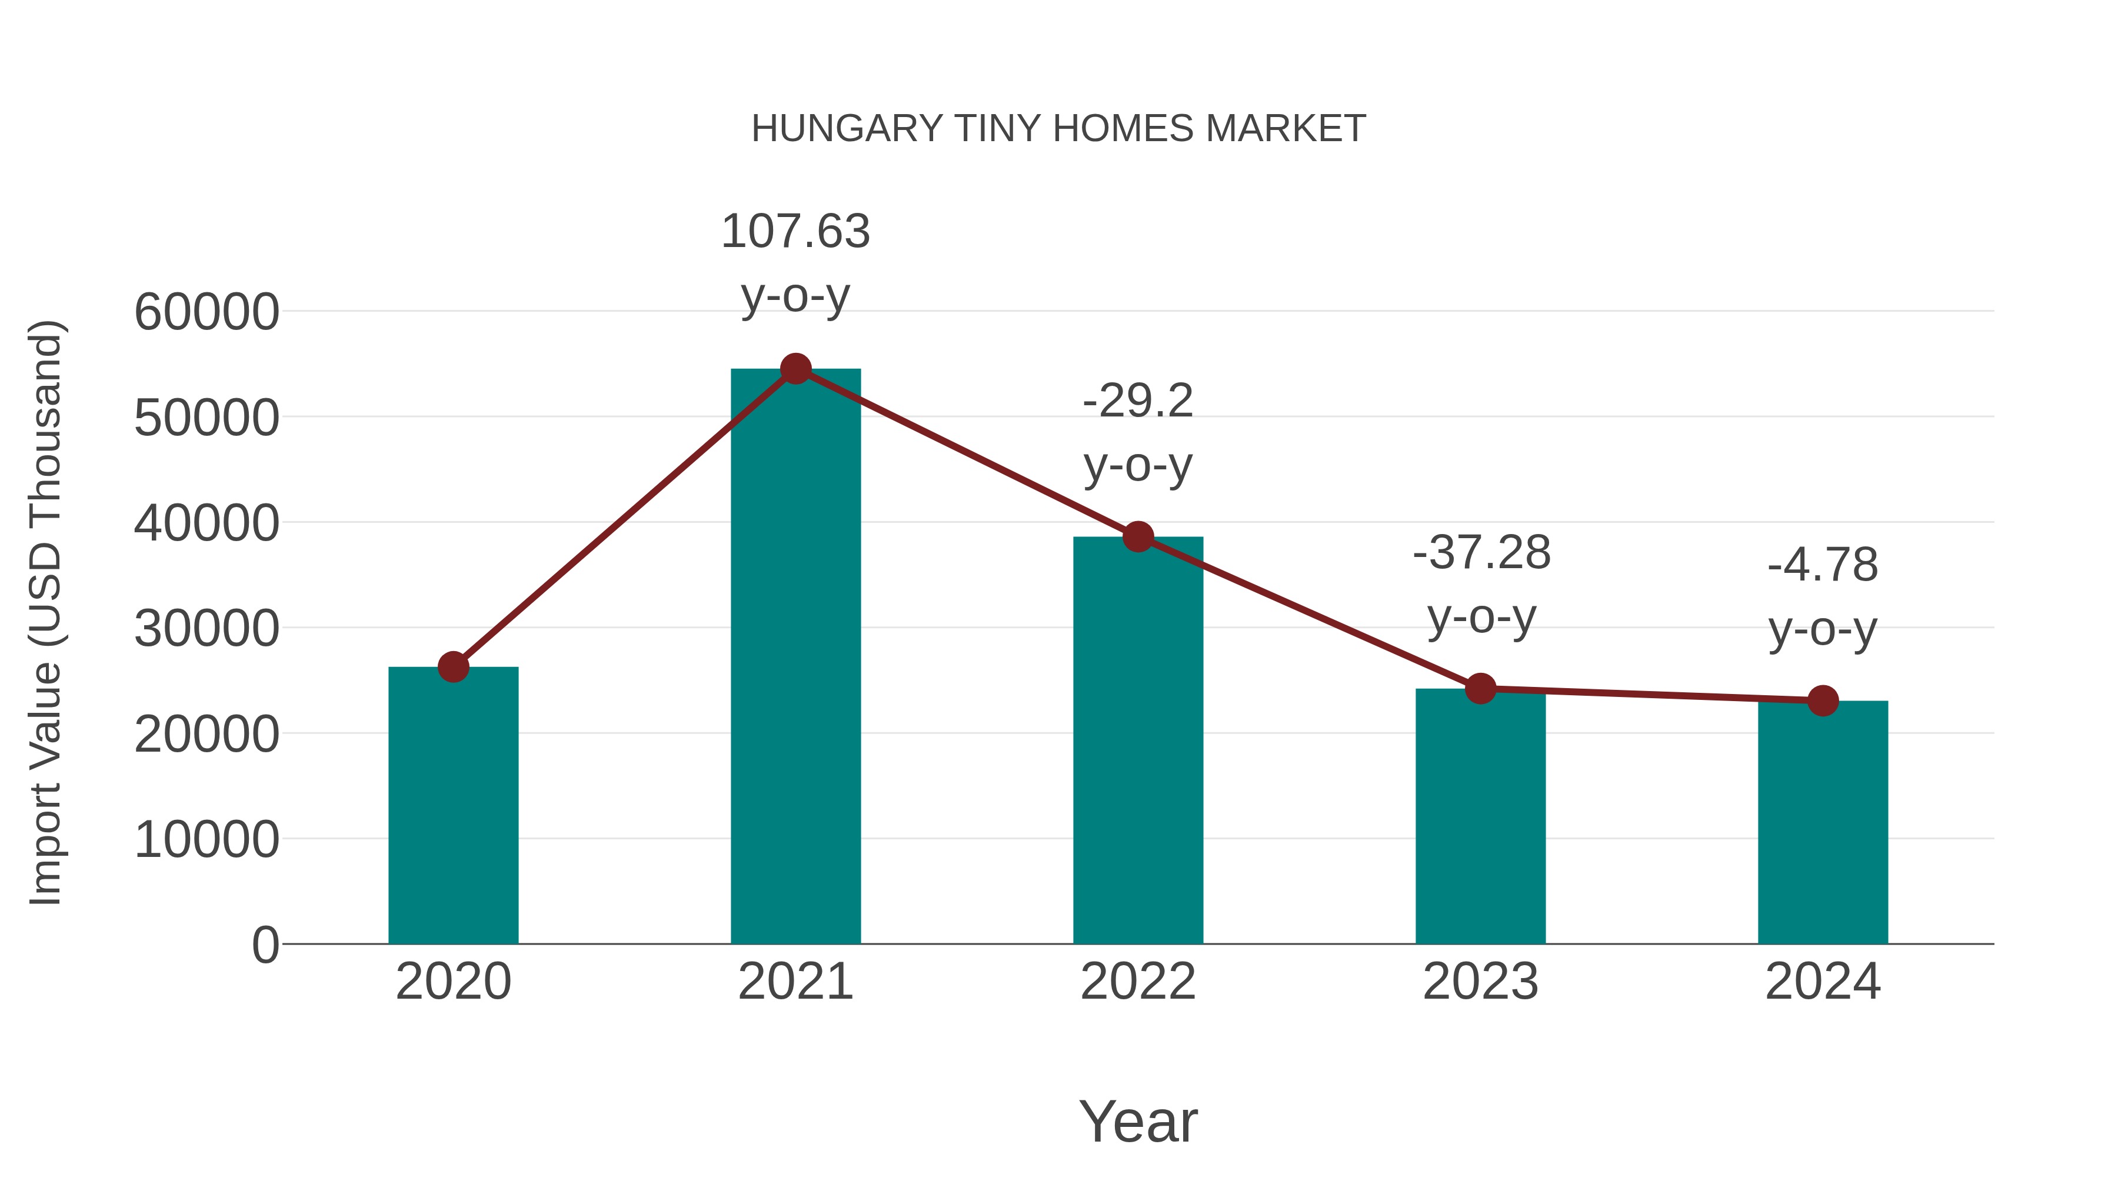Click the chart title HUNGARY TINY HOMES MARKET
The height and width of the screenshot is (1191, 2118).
[1058, 129]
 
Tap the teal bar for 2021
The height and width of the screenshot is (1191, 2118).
[795, 658]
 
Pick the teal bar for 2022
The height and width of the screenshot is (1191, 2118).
[1138, 740]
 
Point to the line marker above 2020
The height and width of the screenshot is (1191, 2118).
[453, 666]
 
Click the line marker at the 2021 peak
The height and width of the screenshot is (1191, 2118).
[795, 369]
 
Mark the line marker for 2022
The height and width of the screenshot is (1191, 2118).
[1138, 537]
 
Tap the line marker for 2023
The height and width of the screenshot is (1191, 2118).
[1480, 689]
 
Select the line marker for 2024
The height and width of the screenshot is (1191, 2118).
[1823, 700]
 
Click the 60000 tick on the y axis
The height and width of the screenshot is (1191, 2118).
[207, 312]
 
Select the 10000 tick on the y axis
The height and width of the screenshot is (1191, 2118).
[207, 840]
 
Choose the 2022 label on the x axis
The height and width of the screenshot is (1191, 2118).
[1138, 982]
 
